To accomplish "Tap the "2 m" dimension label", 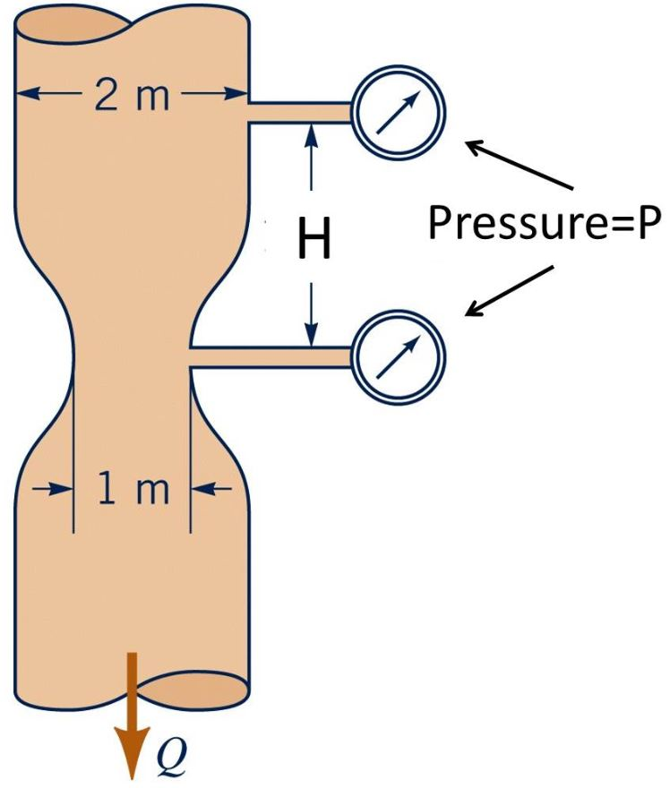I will coord(132,94).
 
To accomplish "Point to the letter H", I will coord(313,240).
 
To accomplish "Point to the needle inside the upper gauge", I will coord(396,116).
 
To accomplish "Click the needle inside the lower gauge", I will coord(398,357).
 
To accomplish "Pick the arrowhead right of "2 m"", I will coord(237,93).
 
